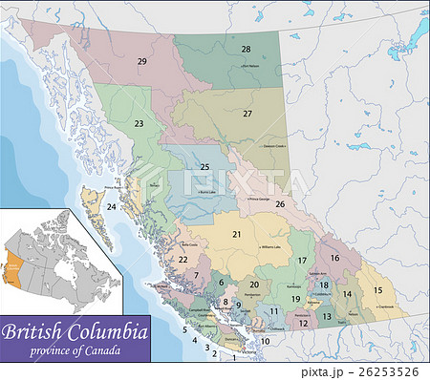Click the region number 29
tap(142, 61)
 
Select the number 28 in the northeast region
tap(246, 49)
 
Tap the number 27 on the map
tap(247, 114)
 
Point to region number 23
tap(139, 124)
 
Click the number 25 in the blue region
tap(204, 167)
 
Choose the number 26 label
tap(280, 203)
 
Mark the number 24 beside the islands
tap(112, 206)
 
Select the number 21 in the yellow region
tap(236, 234)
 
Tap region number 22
tap(183, 259)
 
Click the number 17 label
tap(302, 261)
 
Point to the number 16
tap(334, 258)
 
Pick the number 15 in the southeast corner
tap(377, 289)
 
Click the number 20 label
tap(254, 285)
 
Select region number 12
tap(304, 323)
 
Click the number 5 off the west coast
tap(184, 330)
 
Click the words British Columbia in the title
tap(74, 333)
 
